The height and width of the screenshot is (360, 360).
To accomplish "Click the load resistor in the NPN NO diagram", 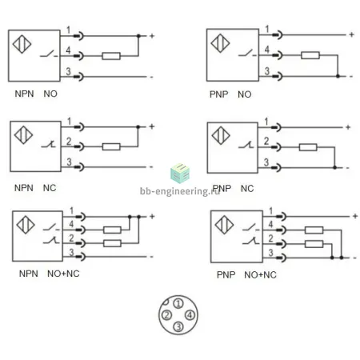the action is coord(111,56).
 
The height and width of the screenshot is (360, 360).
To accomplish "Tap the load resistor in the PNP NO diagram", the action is coord(310,55).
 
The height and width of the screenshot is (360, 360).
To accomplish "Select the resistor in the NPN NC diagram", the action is coord(111,146).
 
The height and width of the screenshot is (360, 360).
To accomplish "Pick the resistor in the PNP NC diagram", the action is coord(308,147).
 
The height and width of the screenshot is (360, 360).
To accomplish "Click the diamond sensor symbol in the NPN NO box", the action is coord(22,44).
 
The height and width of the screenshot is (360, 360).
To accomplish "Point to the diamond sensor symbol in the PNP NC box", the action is coord(221,135).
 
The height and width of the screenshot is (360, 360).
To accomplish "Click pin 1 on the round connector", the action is coord(178,303).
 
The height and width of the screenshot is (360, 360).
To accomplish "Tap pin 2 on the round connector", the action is coord(166,315).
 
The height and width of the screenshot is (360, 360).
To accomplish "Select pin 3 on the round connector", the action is coord(178,326).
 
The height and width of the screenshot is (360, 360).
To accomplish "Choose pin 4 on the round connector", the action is coord(190,315).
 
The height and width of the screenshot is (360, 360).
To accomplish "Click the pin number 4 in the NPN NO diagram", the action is coord(68,50).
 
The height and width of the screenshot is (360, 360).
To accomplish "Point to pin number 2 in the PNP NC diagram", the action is coord(266,141).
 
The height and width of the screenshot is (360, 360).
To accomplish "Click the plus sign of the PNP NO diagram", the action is coord(351,34).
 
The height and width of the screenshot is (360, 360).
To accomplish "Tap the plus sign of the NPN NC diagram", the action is coord(152,126).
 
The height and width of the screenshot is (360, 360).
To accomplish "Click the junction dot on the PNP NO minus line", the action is coord(338,76).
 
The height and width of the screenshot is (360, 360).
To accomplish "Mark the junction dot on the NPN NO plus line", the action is coord(138,36).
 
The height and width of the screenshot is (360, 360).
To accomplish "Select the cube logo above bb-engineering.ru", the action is coord(180,174).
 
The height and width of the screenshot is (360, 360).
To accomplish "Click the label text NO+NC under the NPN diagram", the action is coord(63,274).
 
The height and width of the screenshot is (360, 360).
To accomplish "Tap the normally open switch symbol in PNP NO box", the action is coord(248,54).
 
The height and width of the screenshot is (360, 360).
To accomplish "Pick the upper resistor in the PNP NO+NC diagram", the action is coord(314,230).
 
